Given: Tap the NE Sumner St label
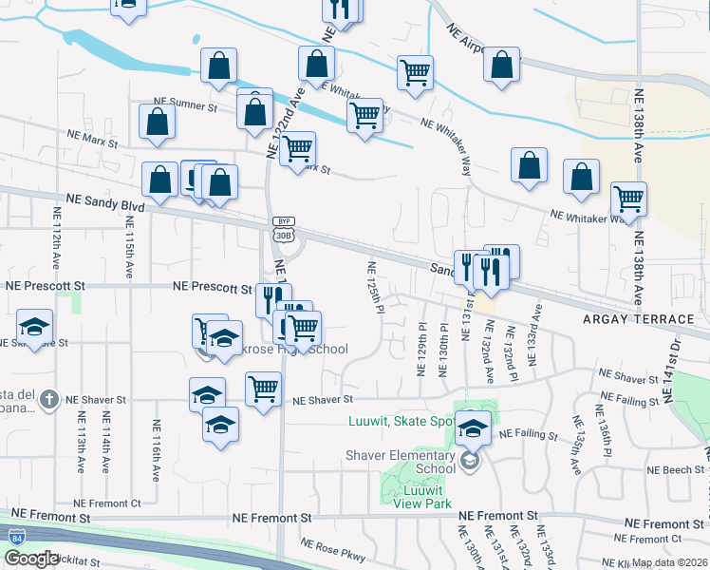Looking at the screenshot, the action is coord(187,108).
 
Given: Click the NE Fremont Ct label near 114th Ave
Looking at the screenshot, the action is coord(107,503).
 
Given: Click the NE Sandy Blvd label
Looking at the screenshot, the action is coord(105,201).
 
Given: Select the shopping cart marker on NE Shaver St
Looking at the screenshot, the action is coord(263,387).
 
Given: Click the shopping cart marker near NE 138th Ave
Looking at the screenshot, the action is coord(628,198).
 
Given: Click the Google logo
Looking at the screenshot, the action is coord(32,559).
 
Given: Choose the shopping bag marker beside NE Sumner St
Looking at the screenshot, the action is coord(157,123).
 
